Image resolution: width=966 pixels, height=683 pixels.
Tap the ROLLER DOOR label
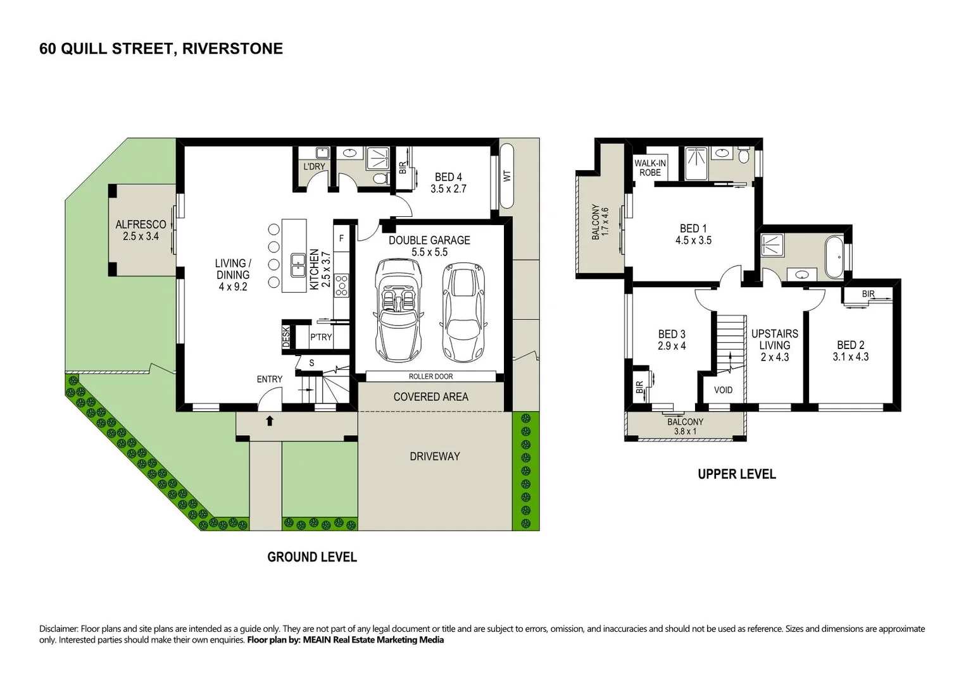pos(430,376)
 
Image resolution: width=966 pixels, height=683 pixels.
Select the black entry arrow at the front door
pos(270,421)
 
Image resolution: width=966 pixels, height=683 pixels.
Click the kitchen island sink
pos(298,265)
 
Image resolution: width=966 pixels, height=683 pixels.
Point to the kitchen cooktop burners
pos(342,285)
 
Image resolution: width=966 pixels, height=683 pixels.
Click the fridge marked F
pos(341,238)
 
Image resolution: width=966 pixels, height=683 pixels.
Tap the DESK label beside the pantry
pos(286,336)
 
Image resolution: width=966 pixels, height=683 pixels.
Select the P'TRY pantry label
pos(321,337)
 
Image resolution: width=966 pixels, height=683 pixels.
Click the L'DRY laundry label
pos(314,166)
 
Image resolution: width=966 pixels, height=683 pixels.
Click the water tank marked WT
pos(506,176)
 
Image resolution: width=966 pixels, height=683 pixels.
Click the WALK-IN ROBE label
pos(650,168)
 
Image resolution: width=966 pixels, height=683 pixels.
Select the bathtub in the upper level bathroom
pos(834,257)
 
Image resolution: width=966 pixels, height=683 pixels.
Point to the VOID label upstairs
pos(723,390)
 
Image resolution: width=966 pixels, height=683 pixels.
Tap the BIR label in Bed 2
pos(868,294)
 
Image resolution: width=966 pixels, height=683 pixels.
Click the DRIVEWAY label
pos(434,456)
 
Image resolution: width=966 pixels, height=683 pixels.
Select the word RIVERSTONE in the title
pos(232,49)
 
